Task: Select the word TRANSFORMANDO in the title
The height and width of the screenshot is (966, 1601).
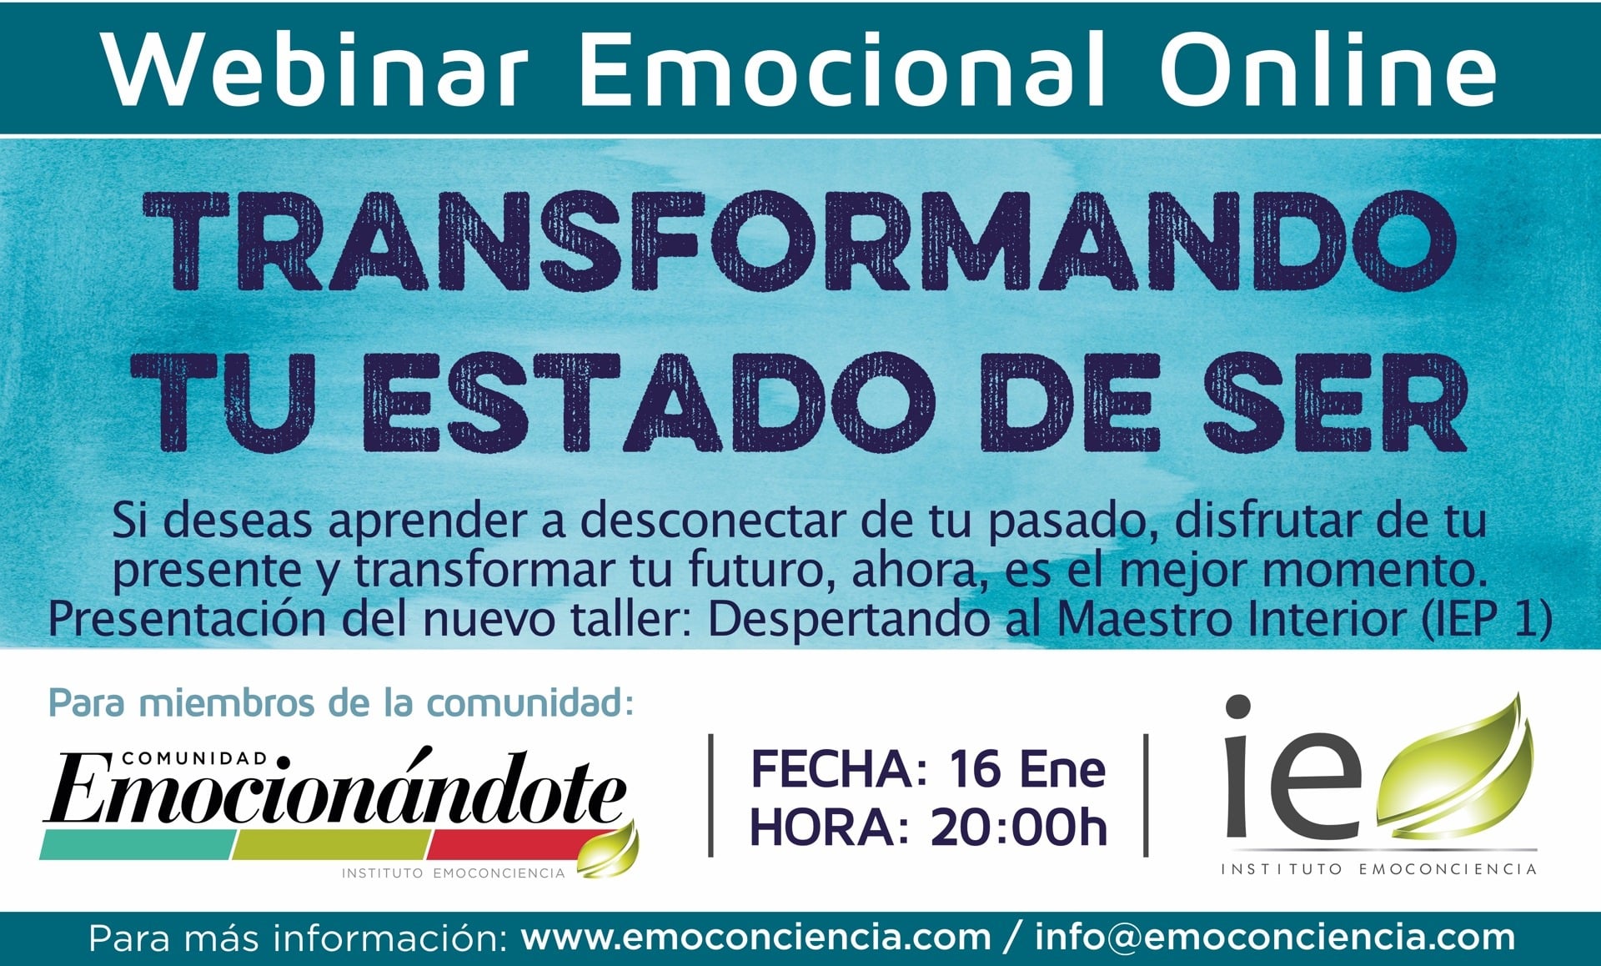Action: click(800, 240)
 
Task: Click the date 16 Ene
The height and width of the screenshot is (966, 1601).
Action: click(1026, 769)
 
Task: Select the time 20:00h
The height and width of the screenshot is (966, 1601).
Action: click(1018, 828)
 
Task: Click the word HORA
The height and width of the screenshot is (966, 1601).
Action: click(830, 828)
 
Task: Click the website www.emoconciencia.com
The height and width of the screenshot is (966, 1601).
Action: click(755, 938)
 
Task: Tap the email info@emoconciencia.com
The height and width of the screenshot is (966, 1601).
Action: click(1275, 938)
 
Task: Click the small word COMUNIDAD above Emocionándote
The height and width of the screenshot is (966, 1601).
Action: click(195, 758)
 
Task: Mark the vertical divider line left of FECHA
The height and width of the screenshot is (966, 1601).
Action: click(710, 795)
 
